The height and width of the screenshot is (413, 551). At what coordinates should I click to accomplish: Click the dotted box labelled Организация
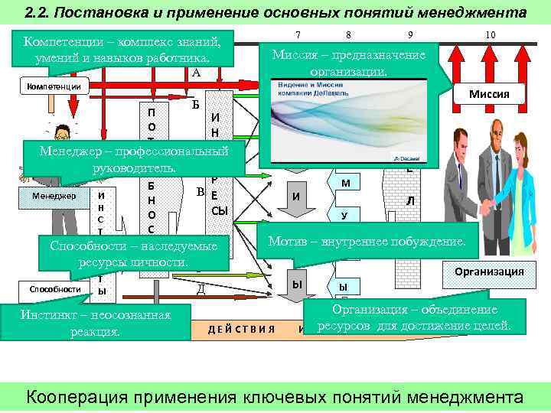coord(488,272)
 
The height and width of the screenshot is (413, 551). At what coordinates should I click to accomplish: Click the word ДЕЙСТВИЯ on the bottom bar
coord(241,329)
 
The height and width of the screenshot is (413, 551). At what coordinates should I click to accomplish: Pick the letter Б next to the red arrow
coord(196,105)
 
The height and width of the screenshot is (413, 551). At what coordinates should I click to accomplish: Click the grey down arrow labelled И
coord(295,197)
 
